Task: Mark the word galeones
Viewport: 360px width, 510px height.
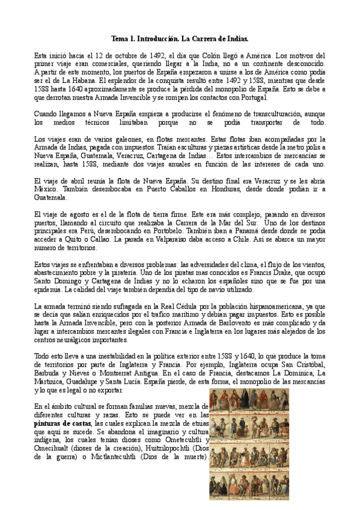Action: pos(100,139)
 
